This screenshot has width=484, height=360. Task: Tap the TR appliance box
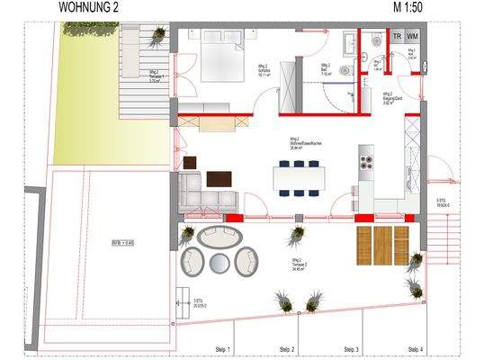coord(397,36)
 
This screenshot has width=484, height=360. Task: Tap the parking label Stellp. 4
coord(415,348)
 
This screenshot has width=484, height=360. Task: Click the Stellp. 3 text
coord(351,348)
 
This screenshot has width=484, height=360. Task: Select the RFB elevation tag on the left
coord(123,242)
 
